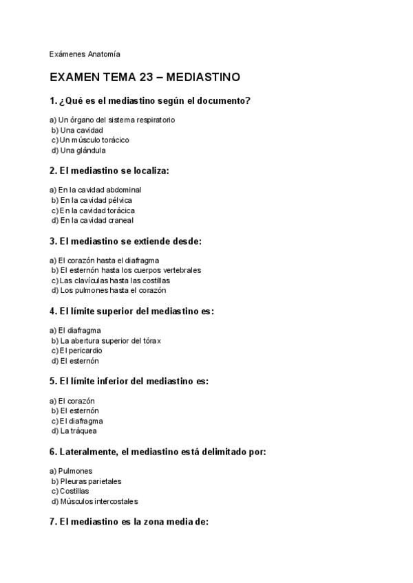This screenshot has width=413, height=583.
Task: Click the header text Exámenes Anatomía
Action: click(x=85, y=53)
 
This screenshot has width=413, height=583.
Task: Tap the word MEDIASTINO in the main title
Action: click(x=211, y=78)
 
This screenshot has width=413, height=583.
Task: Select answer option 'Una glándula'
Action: click(x=83, y=150)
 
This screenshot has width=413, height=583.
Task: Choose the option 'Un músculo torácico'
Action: click(x=94, y=140)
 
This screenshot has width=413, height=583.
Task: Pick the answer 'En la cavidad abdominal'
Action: click(x=100, y=190)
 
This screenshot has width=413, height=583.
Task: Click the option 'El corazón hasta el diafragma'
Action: click(x=109, y=261)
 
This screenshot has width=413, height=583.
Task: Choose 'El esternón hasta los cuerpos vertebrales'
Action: click(x=130, y=270)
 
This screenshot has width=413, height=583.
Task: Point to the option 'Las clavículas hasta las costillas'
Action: click(x=114, y=280)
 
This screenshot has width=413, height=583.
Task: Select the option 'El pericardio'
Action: click(x=81, y=351)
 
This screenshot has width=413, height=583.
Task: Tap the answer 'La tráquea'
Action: click(x=78, y=431)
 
